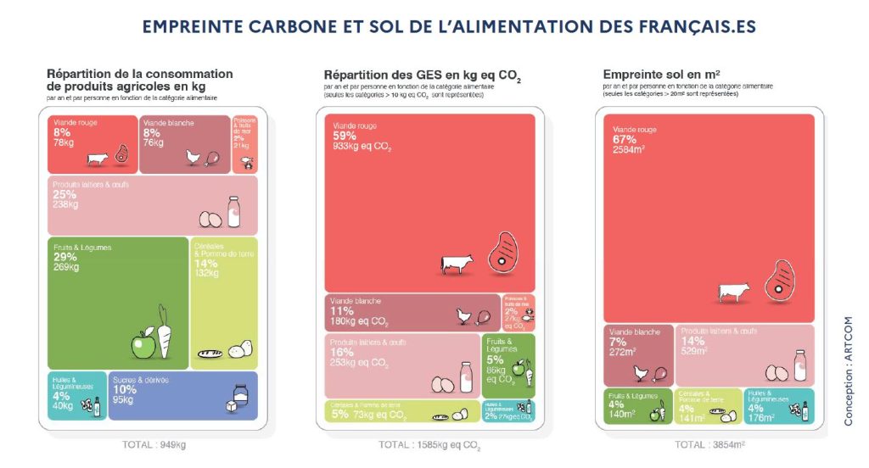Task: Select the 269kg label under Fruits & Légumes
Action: (x=66, y=267)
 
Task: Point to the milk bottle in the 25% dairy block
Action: (x=233, y=211)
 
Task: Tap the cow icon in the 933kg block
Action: (x=456, y=262)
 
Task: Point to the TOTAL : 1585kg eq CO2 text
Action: (x=429, y=444)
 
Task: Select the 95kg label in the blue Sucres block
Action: (x=125, y=400)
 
